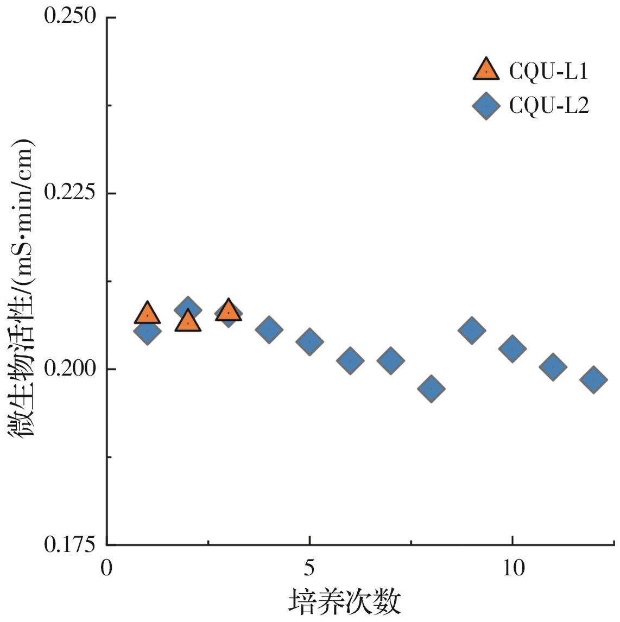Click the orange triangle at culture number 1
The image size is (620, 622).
(x=147, y=314)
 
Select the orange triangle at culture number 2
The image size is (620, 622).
(x=188, y=321)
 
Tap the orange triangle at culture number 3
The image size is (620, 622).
(x=229, y=311)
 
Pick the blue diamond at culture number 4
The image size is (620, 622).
(x=269, y=329)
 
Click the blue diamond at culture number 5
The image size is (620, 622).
(x=309, y=341)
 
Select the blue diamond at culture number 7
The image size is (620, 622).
(x=390, y=360)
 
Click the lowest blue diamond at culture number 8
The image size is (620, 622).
(x=431, y=389)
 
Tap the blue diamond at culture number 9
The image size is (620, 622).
(x=471, y=331)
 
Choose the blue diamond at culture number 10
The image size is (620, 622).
(x=512, y=348)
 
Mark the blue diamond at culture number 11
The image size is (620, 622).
(x=553, y=367)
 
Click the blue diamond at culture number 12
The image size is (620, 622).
(x=593, y=379)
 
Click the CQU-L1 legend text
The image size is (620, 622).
(x=548, y=71)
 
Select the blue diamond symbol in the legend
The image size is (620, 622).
(x=486, y=106)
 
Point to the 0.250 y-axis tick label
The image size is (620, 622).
(x=70, y=17)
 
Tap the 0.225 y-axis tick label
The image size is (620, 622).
(x=70, y=193)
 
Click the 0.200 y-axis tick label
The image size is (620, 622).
(x=70, y=369)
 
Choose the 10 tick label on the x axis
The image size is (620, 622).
(x=512, y=568)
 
